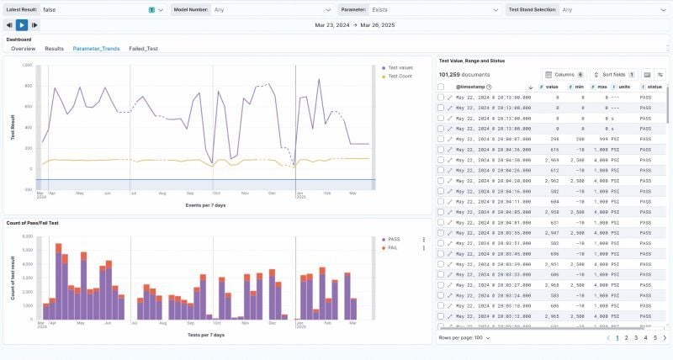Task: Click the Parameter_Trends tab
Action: tap(96, 49)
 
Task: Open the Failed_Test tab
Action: tap(143, 49)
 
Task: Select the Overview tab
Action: tap(23, 49)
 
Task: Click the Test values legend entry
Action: tap(400, 67)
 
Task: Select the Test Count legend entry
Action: tap(399, 76)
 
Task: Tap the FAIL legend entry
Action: tap(391, 247)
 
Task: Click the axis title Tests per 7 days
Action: tap(205, 334)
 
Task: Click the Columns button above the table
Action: tap(564, 74)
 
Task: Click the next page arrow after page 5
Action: tap(665, 337)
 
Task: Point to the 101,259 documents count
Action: tap(462, 74)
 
